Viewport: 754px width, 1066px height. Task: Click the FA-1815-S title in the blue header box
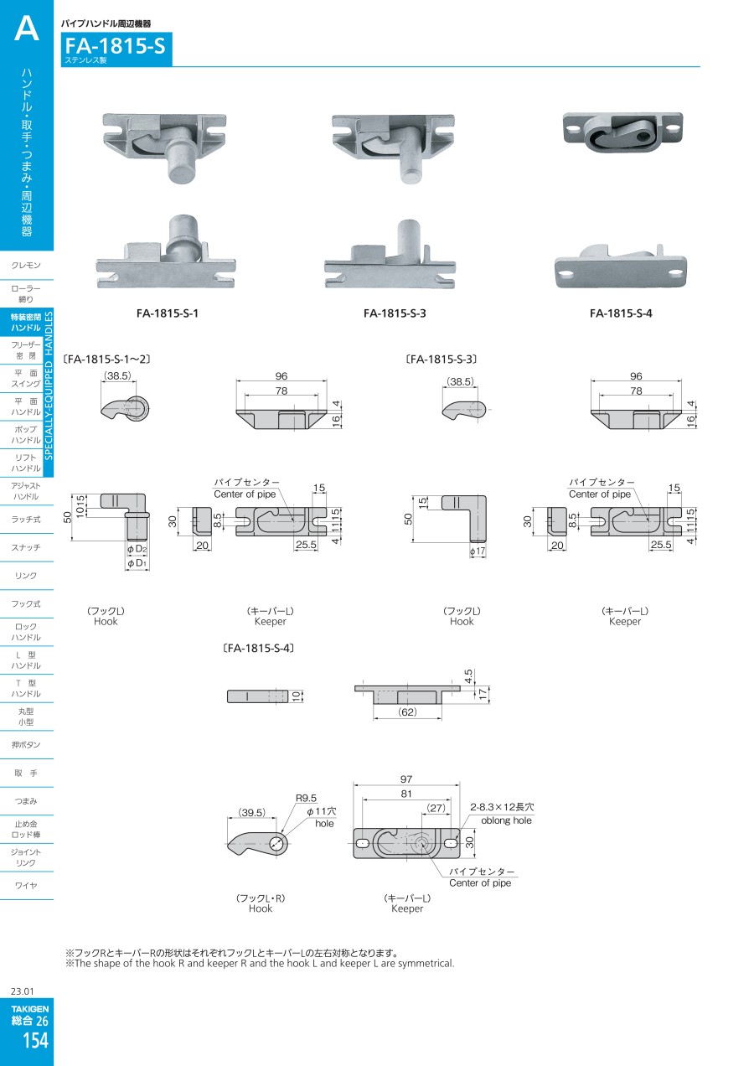coord(115,46)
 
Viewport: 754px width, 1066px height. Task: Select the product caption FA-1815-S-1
coord(167,313)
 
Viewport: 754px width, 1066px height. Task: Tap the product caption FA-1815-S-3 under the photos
coord(395,313)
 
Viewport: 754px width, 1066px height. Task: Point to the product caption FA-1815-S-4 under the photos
coord(621,313)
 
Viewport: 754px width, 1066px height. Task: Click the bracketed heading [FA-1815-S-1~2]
coord(106,359)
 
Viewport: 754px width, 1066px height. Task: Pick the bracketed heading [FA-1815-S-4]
coord(259,648)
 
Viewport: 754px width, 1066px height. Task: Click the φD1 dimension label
coord(137,563)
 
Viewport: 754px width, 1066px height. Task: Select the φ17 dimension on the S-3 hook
coord(478,551)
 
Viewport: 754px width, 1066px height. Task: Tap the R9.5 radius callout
coord(306,798)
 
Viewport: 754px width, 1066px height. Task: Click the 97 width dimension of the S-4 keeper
coord(406,779)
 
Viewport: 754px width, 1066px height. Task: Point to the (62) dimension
coord(408,712)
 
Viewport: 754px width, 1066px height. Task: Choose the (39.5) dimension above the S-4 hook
coord(252,812)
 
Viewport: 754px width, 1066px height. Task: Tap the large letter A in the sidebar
coord(27,28)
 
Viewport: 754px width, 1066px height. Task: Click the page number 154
coord(36,1041)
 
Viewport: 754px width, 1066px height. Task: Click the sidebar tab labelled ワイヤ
coord(26,885)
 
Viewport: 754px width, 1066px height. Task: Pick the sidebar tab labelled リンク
coord(26,576)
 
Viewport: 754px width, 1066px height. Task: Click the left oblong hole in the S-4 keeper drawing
coord(363,843)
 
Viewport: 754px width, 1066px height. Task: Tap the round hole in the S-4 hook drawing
coord(276,844)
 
